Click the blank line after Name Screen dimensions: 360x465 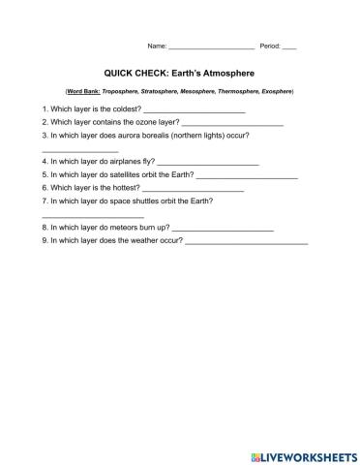211,47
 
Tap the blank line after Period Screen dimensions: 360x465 289,47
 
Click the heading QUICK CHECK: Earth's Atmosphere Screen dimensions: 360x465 179,72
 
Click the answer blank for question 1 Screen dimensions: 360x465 194,112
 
